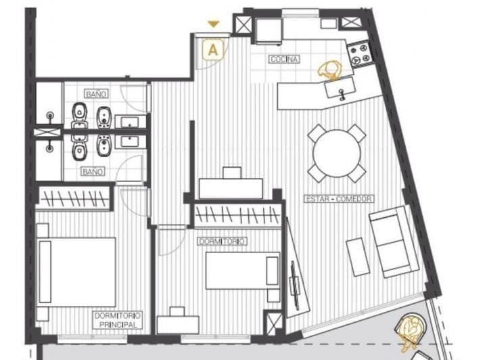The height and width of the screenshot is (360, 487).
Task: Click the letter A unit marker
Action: pos(214,49)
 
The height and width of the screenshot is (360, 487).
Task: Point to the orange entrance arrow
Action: pos(214,24)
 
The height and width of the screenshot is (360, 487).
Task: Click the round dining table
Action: pos(337,153)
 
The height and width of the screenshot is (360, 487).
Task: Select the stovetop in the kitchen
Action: pos(358,53)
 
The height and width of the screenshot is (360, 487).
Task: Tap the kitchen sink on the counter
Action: pos(338,88)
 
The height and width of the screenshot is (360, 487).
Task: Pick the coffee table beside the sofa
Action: pos(358,256)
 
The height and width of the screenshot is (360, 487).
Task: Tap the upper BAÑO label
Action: pos(95,93)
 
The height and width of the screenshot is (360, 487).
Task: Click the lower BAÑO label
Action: pos(92,171)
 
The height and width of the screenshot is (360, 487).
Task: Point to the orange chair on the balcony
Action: pos(411,328)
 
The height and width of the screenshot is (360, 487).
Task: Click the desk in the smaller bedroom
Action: pos(178,324)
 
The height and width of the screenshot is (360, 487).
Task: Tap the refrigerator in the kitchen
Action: pos(268,30)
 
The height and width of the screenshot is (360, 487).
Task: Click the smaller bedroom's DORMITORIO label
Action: pos(222,241)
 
